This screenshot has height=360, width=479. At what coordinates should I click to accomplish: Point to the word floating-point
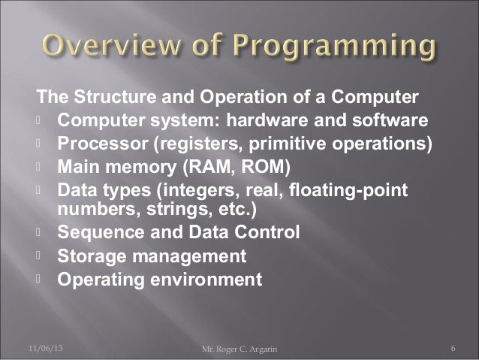[x=360, y=188]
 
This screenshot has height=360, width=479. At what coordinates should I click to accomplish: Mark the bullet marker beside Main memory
[x=37, y=165]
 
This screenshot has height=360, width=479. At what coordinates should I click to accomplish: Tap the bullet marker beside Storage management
[x=37, y=256]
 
